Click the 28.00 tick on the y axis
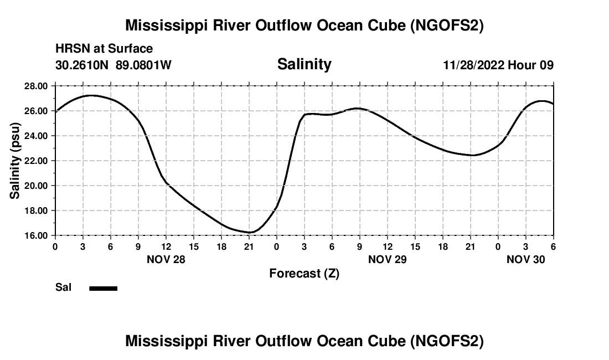pyautogui.click(x=36, y=86)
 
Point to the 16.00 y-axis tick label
pyautogui.click(x=36, y=235)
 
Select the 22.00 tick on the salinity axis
pyautogui.click(x=36, y=161)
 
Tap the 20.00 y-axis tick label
pyautogui.click(x=36, y=186)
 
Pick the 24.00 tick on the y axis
pyautogui.click(x=36, y=136)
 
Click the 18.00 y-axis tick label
pyautogui.click(x=36, y=210)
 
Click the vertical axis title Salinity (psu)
pyautogui.click(x=15, y=161)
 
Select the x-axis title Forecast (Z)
pyautogui.click(x=304, y=274)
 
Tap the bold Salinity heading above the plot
pyautogui.click(x=304, y=64)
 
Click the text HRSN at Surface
pyautogui.click(x=104, y=49)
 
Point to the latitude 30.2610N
pyautogui.click(x=82, y=65)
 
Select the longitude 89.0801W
pyautogui.click(x=144, y=65)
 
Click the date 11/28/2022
pyautogui.click(x=473, y=65)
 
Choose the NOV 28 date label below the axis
pyautogui.click(x=166, y=259)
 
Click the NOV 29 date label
pyautogui.click(x=387, y=259)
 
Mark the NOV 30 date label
pyautogui.click(x=526, y=259)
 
